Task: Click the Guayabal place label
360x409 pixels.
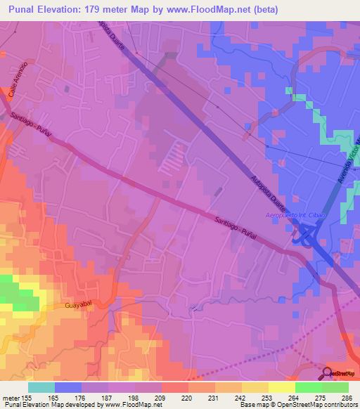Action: (78, 307)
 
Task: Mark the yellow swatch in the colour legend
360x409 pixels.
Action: (282, 387)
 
